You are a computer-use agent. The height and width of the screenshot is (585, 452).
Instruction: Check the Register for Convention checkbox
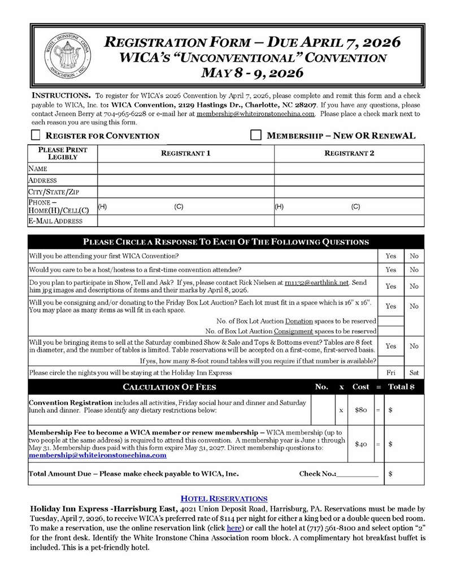(x=36, y=136)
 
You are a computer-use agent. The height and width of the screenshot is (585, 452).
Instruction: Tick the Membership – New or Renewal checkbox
(x=255, y=136)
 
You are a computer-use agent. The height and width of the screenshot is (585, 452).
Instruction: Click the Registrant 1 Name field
(x=185, y=168)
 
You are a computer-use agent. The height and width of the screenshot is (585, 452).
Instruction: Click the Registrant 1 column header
(x=185, y=153)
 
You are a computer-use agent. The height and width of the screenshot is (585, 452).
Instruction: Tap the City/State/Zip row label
(x=50, y=192)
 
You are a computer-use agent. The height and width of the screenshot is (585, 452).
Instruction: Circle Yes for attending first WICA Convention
(x=390, y=256)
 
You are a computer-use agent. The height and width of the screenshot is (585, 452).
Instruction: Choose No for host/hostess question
(x=414, y=270)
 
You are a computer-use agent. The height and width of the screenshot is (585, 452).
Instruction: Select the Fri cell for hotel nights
(x=390, y=373)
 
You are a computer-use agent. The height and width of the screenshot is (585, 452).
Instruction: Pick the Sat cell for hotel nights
(x=414, y=373)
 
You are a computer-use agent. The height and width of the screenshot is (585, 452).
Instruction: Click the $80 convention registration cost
(x=361, y=410)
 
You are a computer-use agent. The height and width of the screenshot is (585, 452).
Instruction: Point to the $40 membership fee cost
(x=361, y=444)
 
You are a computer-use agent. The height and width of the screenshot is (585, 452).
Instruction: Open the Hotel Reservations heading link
(x=224, y=499)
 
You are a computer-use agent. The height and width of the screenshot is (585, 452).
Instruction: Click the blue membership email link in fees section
(x=97, y=456)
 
